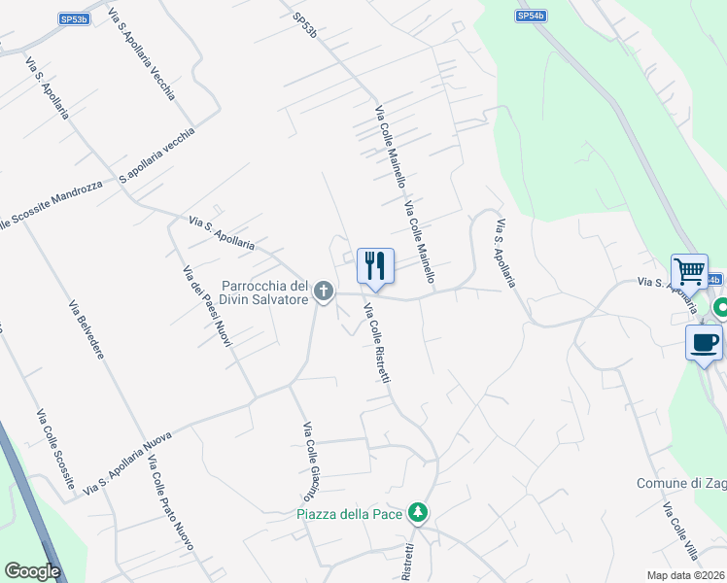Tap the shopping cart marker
pos(689,270)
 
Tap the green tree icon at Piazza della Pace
pos(418,512)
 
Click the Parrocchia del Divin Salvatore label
pos(265,292)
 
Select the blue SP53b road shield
pos(73,17)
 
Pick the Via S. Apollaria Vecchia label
pos(142,54)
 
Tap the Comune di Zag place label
pos(680,484)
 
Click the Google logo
pos(32,571)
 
